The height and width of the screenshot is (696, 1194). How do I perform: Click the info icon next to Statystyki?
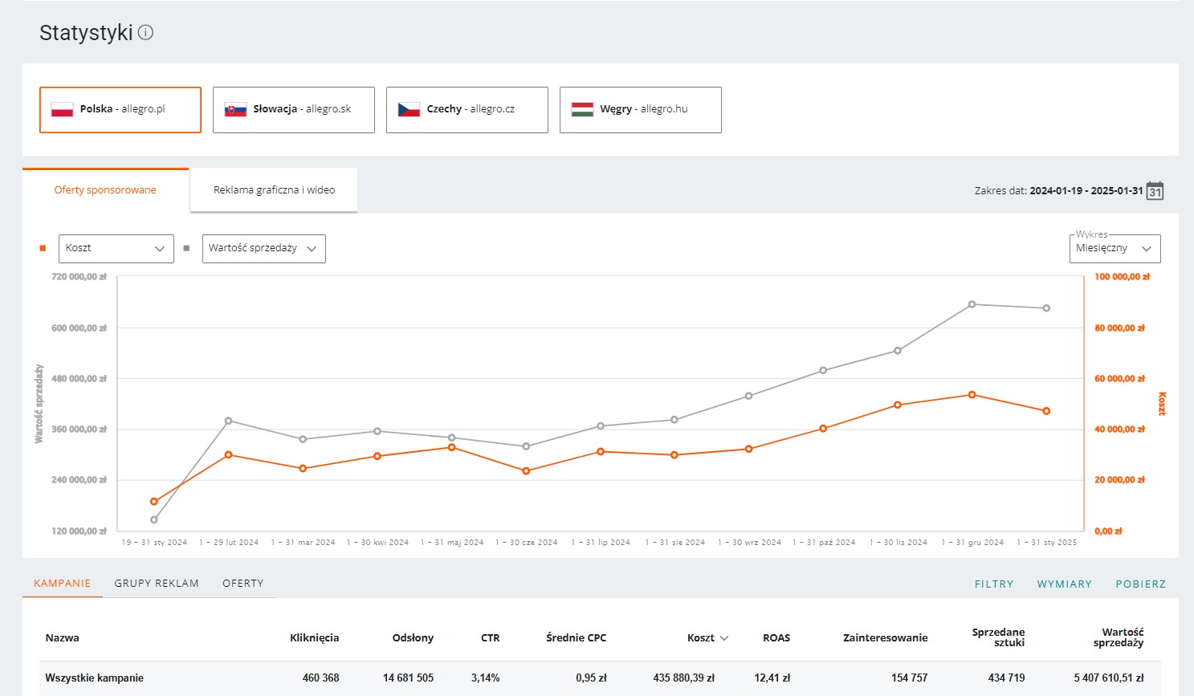coord(145,33)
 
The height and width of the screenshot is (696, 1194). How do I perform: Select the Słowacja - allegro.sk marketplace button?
coord(294,110)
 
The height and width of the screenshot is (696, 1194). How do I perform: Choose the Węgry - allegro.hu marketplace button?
coord(641,110)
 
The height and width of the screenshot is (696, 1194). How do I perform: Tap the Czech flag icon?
coord(409,109)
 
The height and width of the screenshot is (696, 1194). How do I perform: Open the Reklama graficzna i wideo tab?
coord(274,190)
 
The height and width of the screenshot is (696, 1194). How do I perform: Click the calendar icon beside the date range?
coord(1155,191)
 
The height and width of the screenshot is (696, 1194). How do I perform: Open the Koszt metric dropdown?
coord(116,248)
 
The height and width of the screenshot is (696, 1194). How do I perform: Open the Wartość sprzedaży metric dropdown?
coord(264,248)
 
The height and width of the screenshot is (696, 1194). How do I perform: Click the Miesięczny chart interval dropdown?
coord(1115,248)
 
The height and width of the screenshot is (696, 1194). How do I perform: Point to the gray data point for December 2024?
coord(972,304)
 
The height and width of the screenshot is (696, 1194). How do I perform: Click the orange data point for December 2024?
coord(972,395)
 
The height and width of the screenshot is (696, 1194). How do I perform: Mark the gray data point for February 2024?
coord(229,421)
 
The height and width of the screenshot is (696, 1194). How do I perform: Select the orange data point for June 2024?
coord(526,471)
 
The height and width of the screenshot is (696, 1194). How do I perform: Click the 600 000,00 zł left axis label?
coord(79,328)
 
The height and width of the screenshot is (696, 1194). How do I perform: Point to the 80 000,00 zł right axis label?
coord(1119,328)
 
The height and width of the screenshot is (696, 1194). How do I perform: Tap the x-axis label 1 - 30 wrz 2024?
coord(749,543)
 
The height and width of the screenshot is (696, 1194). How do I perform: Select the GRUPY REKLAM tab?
coord(157,584)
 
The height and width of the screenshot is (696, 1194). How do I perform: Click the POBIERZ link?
coord(1141,584)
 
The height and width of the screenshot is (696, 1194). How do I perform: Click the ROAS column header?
coord(776,638)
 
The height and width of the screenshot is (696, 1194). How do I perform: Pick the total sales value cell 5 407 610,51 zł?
coord(1109,678)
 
